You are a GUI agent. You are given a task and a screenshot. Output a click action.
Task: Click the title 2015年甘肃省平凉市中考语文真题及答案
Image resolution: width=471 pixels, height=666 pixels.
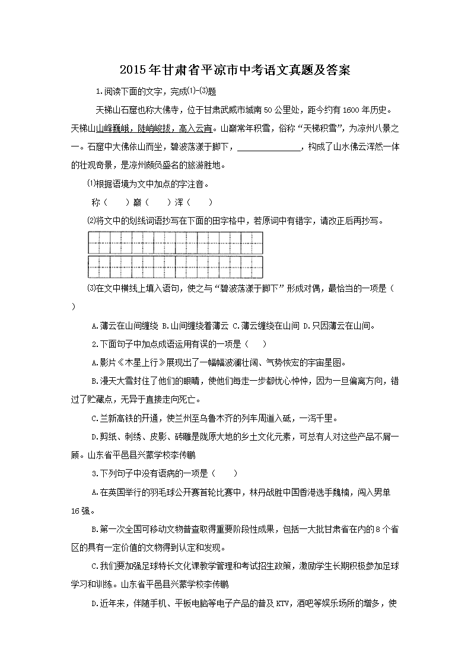point(235,70)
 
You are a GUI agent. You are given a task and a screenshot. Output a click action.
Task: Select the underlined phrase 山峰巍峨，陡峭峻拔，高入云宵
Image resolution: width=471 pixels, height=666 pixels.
point(154,128)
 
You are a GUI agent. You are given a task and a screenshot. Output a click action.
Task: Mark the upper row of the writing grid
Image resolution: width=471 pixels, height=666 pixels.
point(175,243)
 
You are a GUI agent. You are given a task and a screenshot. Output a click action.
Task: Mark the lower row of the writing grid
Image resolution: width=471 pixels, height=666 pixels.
point(175,267)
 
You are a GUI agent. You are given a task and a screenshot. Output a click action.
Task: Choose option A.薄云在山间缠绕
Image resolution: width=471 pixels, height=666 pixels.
point(125,326)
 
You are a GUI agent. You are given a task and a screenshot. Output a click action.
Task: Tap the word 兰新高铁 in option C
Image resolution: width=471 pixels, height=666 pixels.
point(117,418)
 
